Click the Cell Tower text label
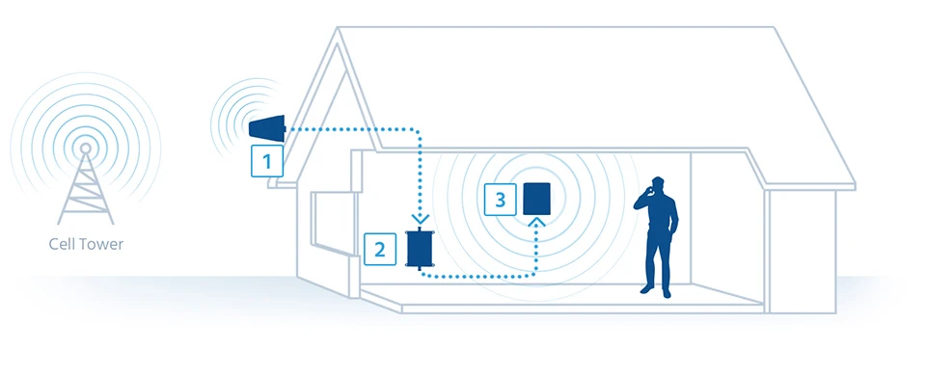click(86, 244)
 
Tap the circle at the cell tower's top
click(86, 148)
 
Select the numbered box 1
click(267, 161)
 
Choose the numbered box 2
click(380, 249)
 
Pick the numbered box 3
click(501, 200)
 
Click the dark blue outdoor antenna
click(267, 127)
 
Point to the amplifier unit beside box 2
click(420, 249)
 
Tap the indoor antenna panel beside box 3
click(537, 199)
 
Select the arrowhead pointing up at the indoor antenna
click(537, 222)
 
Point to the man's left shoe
click(647, 289)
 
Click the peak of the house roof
click(338, 28)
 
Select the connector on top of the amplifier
click(420, 228)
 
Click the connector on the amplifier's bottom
click(420, 269)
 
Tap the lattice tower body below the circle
click(86, 189)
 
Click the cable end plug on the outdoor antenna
click(286, 128)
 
